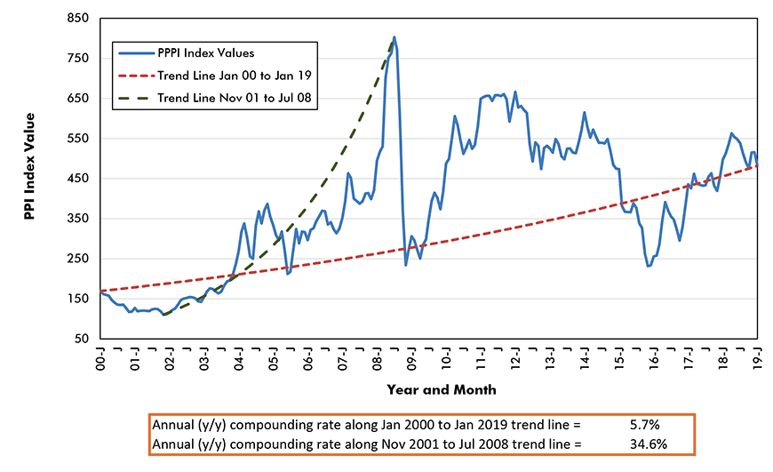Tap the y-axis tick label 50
82,339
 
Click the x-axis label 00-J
100,359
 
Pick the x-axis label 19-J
758,359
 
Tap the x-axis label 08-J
377,359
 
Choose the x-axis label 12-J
515,359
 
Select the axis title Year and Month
442,389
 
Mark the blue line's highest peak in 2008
394,37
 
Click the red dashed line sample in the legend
136,75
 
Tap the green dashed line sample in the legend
136,96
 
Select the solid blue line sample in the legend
136,53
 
